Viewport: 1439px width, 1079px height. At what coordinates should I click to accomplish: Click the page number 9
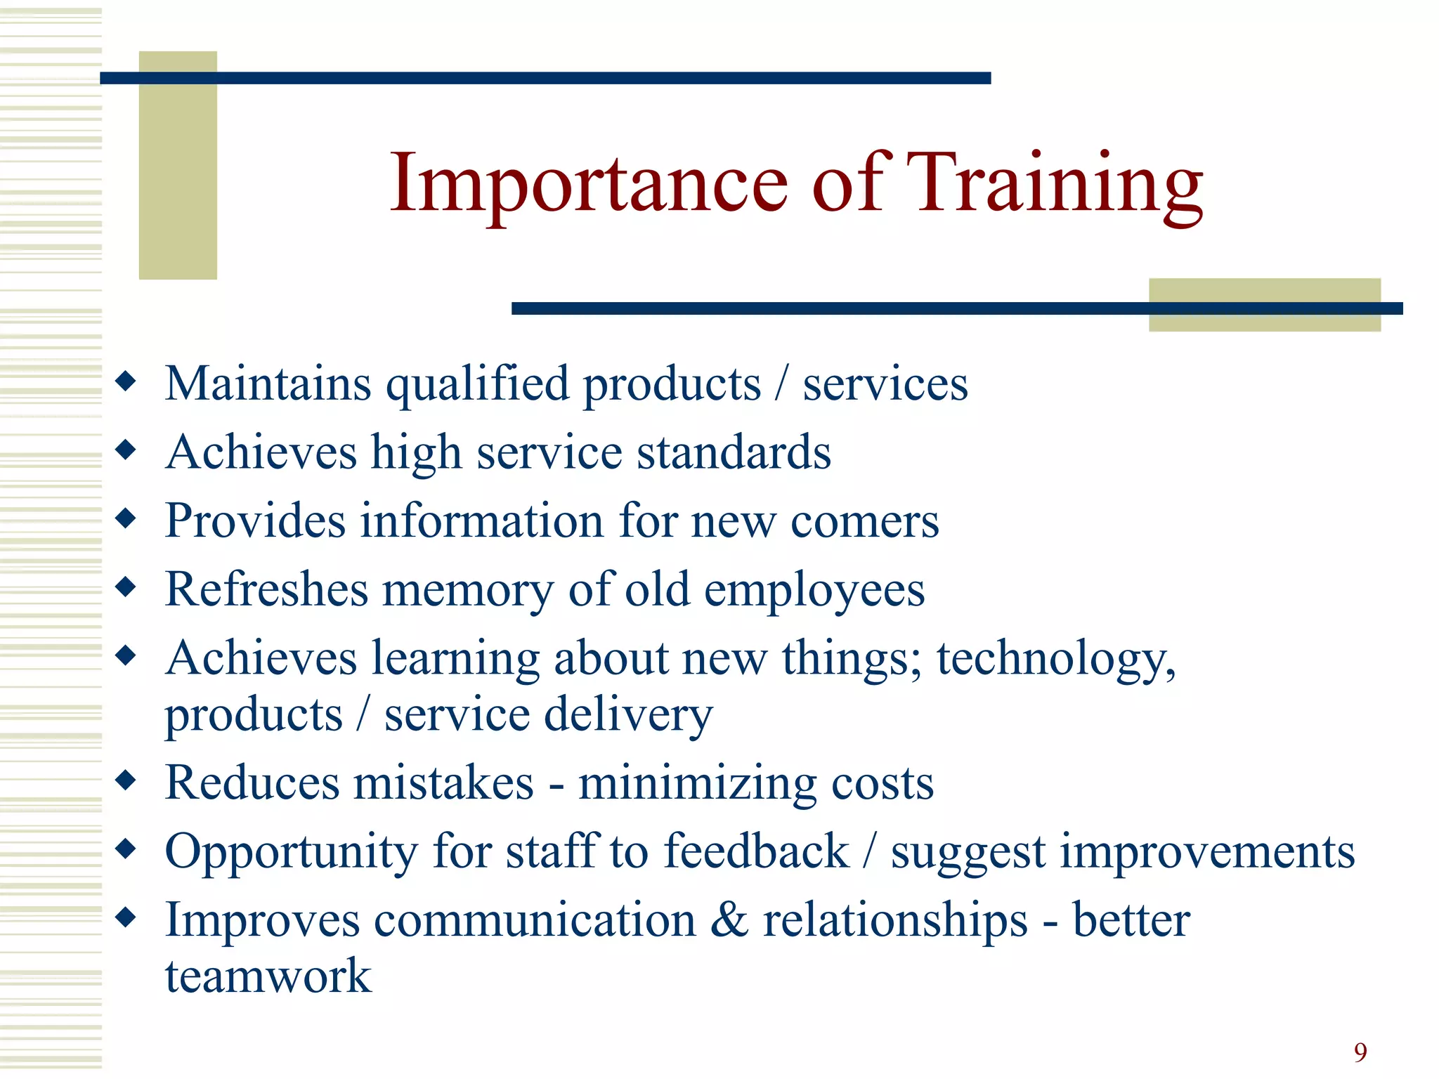tap(1360, 1052)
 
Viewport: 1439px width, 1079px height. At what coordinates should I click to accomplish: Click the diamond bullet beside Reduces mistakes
tap(126, 780)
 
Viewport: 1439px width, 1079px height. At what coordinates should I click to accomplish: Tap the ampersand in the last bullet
tap(729, 920)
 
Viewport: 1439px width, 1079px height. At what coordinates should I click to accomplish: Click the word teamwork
tap(268, 976)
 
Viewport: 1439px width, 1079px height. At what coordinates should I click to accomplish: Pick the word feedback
tap(756, 851)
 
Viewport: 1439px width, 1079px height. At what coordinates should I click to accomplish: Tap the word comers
tap(864, 521)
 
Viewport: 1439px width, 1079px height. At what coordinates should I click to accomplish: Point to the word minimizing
tap(696, 783)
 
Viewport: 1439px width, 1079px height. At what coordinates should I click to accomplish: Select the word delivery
tap(628, 714)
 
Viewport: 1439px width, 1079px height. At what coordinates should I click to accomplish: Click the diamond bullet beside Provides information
tap(126, 519)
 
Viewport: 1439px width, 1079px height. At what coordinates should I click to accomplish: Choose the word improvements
tap(1207, 852)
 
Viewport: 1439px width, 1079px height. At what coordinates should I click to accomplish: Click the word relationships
tap(895, 920)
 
